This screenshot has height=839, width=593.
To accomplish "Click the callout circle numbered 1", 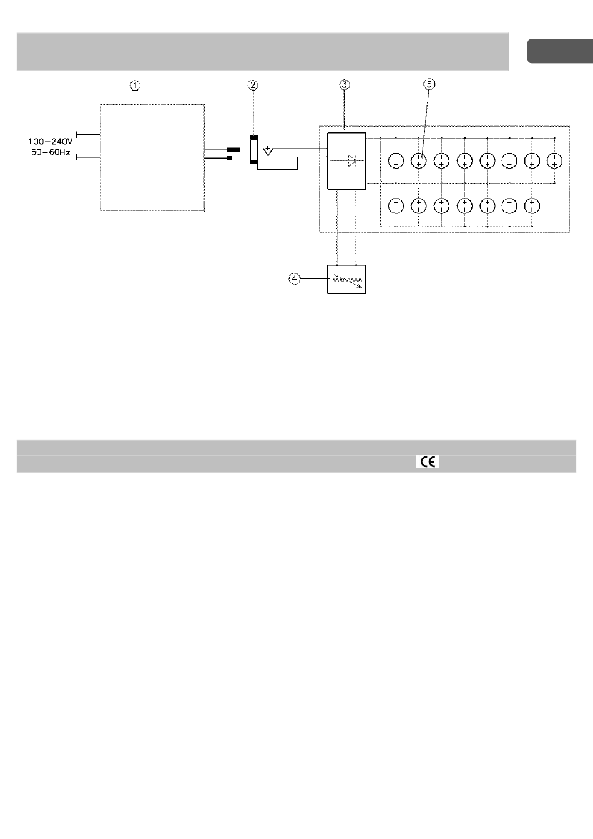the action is (x=135, y=86).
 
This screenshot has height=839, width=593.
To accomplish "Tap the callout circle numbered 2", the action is (x=253, y=85).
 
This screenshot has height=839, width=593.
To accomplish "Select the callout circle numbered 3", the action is (x=345, y=85).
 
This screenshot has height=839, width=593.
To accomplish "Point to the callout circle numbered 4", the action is (x=295, y=279).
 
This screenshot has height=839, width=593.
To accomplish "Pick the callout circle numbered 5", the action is (x=429, y=84).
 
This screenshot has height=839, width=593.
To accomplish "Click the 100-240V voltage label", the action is (x=50, y=142).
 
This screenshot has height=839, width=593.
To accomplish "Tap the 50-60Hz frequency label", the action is (x=51, y=153).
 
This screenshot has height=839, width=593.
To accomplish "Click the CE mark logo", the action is (x=428, y=462).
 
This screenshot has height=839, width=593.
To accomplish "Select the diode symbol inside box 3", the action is (x=352, y=160).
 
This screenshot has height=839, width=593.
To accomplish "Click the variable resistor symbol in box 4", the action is (x=347, y=280).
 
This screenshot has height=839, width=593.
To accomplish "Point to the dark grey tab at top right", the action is (x=561, y=51).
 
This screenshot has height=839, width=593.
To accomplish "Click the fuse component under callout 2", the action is (x=254, y=150).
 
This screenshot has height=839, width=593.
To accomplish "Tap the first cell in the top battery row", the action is (x=396, y=161).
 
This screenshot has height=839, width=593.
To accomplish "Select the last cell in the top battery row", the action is (x=554, y=161).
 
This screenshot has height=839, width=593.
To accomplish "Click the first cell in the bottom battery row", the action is (x=396, y=206).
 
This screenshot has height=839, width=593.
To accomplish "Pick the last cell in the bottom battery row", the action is (x=532, y=206).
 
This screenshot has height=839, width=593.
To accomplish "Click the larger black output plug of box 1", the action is (x=233, y=150).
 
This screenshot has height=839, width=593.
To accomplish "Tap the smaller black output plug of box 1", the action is (x=230, y=158).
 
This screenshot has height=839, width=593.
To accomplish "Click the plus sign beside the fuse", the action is (x=267, y=149).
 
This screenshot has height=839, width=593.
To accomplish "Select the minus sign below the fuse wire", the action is (x=264, y=167).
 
